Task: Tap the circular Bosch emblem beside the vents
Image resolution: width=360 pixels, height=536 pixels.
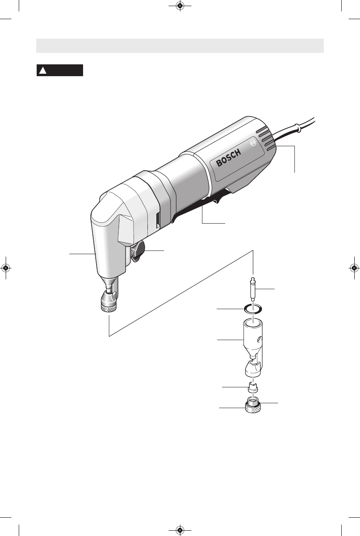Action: [253, 143]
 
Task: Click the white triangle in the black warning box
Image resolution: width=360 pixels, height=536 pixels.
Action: [43, 70]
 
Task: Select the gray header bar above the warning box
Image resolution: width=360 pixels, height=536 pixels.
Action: [180, 46]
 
